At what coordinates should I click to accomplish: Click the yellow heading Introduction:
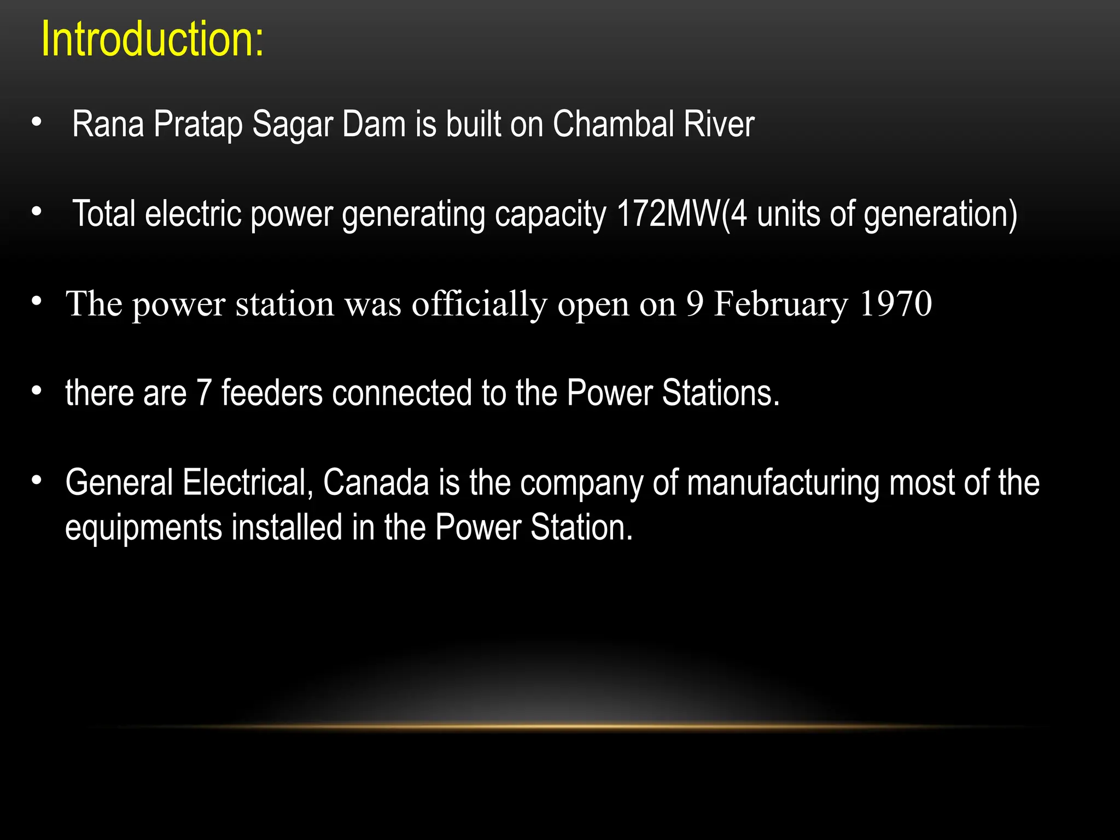pyautogui.click(x=152, y=39)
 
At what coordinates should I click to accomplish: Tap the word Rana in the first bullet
pyautogui.click(x=108, y=124)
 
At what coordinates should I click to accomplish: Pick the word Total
pyautogui.click(x=104, y=214)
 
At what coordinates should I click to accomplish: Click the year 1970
pyautogui.click(x=895, y=304)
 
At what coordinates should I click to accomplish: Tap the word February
pyautogui.click(x=781, y=305)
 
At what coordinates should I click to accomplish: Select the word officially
pyautogui.click(x=479, y=305)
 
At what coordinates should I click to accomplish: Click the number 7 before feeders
pyautogui.click(x=203, y=393)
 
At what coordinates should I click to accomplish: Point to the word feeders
pyautogui.click(x=272, y=393)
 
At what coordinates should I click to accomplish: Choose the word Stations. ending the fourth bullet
pyautogui.click(x=720, y=393)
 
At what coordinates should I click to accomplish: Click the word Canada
pyautogui.click(x=376, y=483)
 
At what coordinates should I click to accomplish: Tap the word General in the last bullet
pyautogui.click(x=119, y=483)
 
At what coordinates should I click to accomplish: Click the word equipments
pyautogui.click(x=143, y=529)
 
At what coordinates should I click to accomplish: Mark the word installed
pyautogui.click(x=287, y=528)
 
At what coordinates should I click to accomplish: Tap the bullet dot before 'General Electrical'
pyautogui.click(x=37, y=480)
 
